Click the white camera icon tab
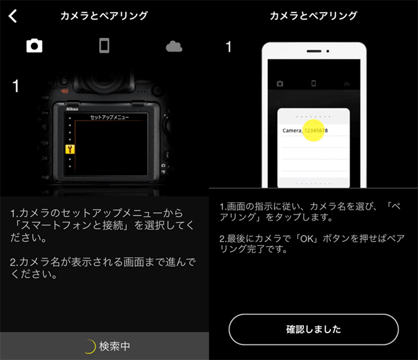[x=35, y=46]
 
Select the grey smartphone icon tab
[x=104, y=46]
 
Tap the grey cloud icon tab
[x=174, y=47]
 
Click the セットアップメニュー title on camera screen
[x=109, y=117]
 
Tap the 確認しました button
[x=313, y=329]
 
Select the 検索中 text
[x=115, y=346]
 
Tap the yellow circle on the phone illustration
[x=313, y=130]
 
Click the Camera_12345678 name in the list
[x=305, y=130]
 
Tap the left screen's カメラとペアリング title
[x=104, y=16]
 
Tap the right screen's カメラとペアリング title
[x=313, y=16]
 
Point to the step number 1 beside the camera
[x=16, y=86]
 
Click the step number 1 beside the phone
[x=228, y=47]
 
